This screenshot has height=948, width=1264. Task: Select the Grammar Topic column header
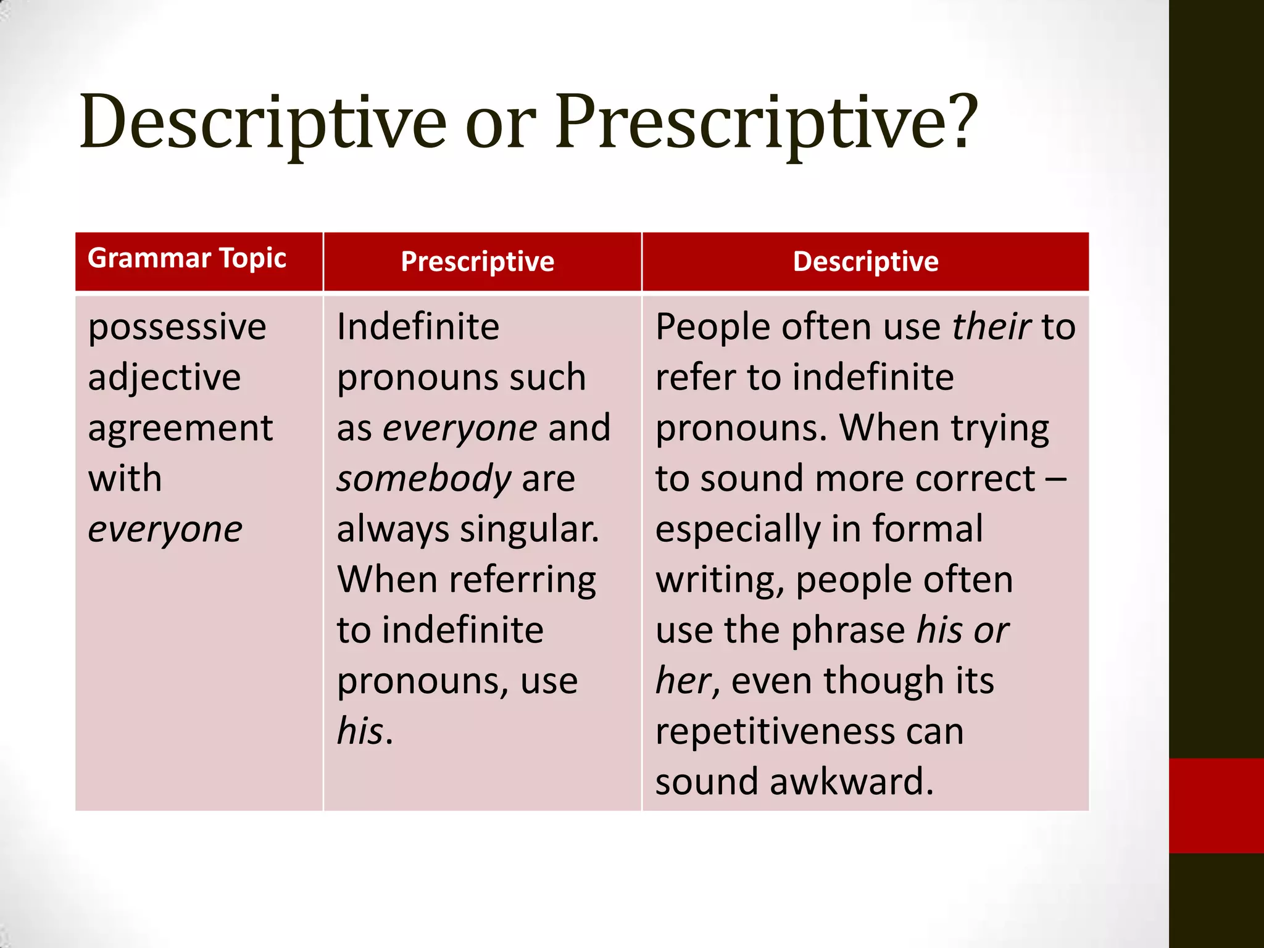[187, 259]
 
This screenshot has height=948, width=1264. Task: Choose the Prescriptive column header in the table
[478, 262]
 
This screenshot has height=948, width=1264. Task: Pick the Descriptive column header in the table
[865, 262]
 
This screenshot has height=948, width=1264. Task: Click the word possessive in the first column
[177, 328]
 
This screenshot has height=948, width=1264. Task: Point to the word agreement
[180, 429]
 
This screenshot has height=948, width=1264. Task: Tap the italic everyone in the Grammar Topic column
[165, 530]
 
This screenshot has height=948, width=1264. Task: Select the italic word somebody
[424, 480]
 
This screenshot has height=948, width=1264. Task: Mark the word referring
[522, 581]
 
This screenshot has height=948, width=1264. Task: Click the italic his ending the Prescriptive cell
[360, 732]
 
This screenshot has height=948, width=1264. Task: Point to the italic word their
[991, 327]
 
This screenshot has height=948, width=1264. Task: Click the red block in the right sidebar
[1216, 805]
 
